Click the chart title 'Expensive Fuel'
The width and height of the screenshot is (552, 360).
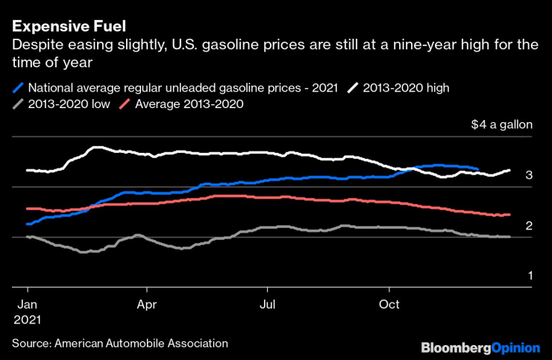pos(62,27)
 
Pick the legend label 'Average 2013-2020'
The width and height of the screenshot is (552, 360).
pos(188,104)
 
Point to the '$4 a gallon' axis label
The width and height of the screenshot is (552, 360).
pos(501,124)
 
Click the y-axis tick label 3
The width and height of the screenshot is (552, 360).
pos(529,175)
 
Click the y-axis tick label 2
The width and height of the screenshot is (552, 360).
pos(529,225)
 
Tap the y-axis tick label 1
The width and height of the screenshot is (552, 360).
pos(529,276)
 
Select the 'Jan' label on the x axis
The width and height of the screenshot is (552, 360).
pos(28,305)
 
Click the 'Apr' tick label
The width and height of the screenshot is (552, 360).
pos(147,305)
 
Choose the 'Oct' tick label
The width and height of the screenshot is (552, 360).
pos(389,305)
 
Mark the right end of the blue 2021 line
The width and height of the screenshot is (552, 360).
pos(477,168)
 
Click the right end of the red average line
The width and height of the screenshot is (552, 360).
pos(509,215)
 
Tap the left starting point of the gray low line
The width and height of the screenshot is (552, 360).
pos(27,236)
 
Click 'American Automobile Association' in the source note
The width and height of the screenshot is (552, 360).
pos(140,343)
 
